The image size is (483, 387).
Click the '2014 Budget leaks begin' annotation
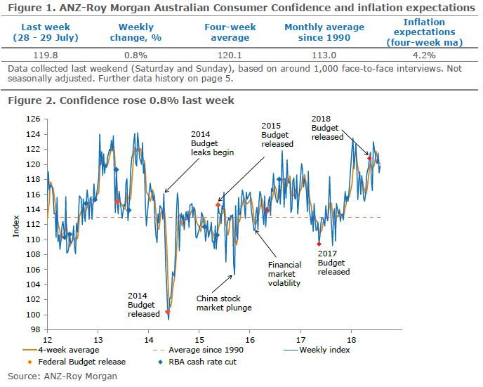211,143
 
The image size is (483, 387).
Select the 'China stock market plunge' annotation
223,303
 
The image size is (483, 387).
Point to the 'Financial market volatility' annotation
284,274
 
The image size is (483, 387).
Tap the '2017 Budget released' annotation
333,262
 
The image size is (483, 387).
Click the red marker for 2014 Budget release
168,311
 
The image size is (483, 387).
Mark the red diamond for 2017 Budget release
319,244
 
